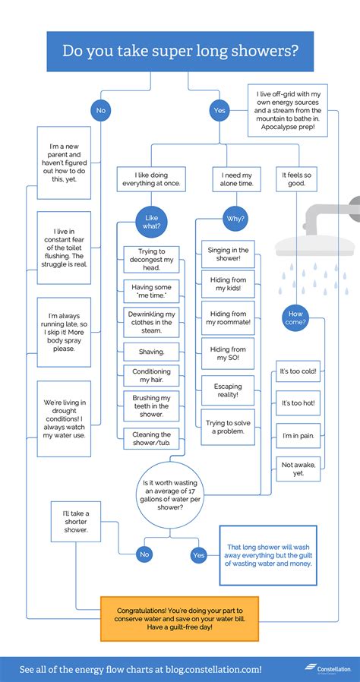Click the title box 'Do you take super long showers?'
tap(180, 52)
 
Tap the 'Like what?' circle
tap(151, 222)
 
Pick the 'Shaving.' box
tap(151, 352)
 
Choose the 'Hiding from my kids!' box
tap(228, 285)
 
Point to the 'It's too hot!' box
tap(298, 403)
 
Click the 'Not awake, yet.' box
tap(298, 469)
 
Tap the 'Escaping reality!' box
tap(228, 390)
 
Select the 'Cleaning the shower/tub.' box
tap(151, 439)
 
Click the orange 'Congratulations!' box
tap(179, 619)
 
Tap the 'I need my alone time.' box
tap(236, 179)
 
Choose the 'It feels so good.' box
tap(296, 179)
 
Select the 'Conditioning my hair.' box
tap(151, 376)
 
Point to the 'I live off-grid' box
tap(288, 110)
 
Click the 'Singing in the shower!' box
tap(228, 254)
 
